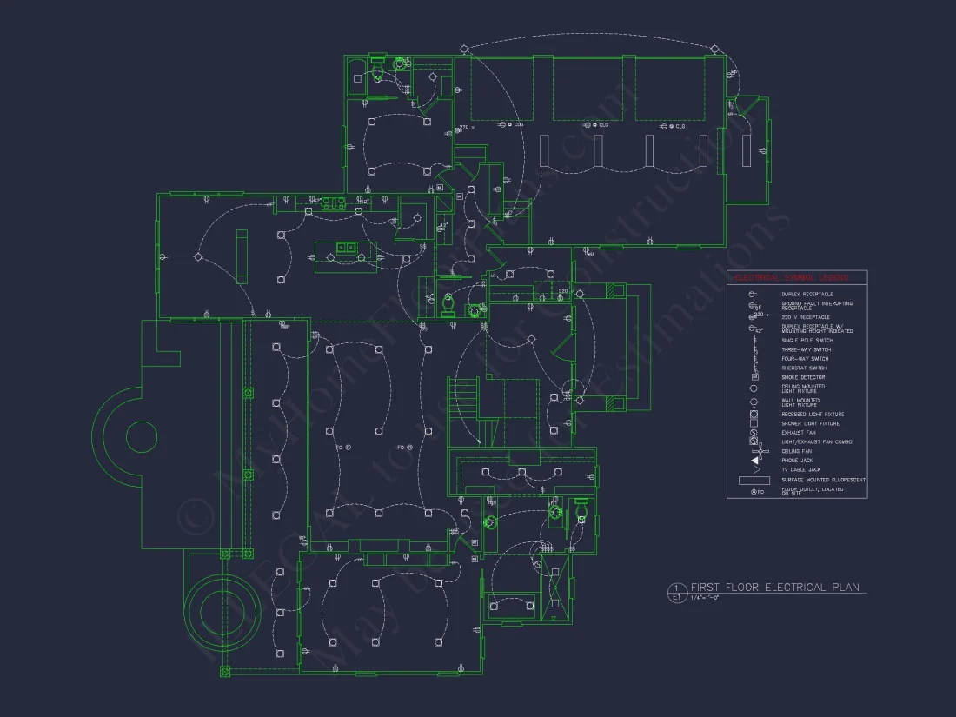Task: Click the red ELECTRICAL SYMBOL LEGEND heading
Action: (x=798, y=278)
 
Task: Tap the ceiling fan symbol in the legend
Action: (x=755, y=452)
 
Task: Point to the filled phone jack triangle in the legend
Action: (x=755, y=461)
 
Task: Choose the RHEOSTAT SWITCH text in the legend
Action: (x=804, y=368)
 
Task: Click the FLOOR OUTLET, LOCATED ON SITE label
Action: (x=812, y=491)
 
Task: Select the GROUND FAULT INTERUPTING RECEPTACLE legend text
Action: (x=816, y=306)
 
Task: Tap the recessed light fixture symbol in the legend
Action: (x=755, y=415)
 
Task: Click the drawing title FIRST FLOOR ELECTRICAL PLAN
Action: (x=774, y=588)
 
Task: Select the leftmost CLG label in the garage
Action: (x=519, y=125)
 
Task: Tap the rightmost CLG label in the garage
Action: (x=680, y=126)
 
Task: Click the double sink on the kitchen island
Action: (x=346, y=247)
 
